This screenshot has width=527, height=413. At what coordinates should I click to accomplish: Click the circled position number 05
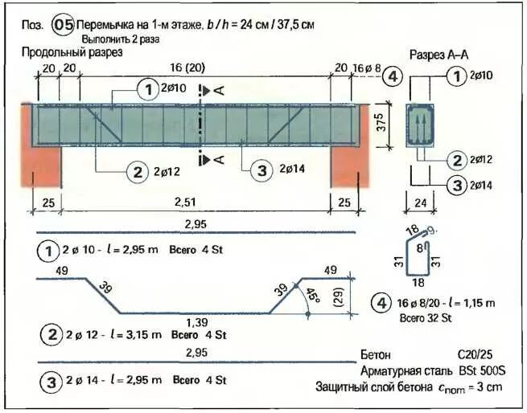63,25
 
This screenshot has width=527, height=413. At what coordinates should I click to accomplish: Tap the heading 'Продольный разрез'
73,53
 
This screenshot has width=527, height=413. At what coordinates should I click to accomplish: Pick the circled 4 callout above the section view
392,76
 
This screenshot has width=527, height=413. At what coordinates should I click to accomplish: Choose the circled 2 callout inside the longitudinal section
137,170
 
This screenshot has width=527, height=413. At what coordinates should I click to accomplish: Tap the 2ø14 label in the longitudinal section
293,170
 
